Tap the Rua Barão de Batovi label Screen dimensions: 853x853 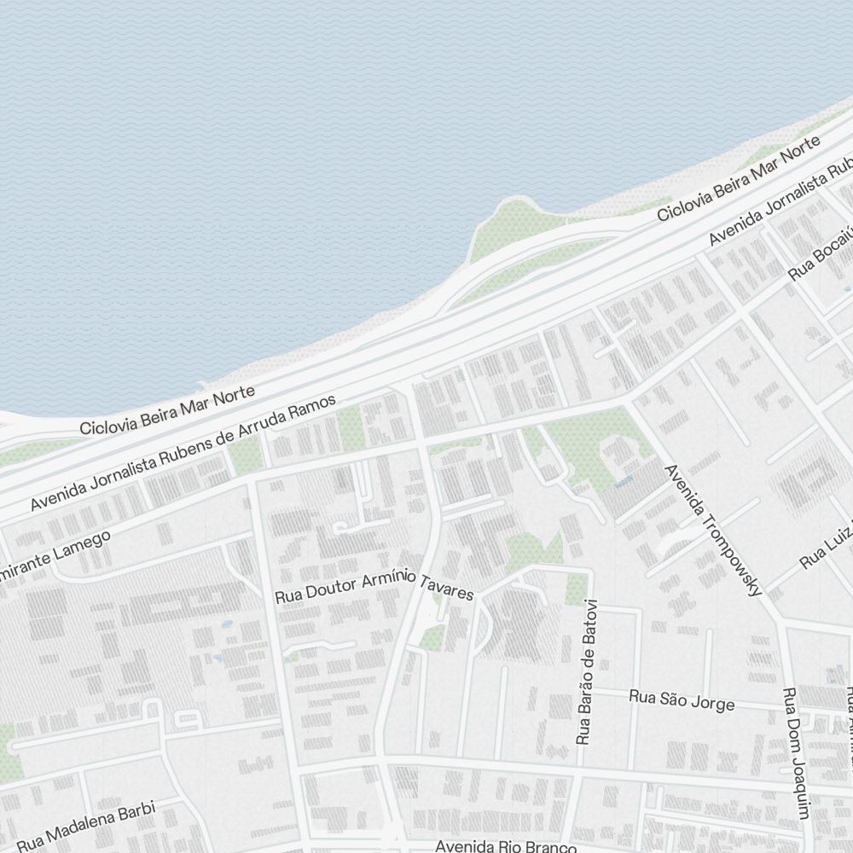click(x=588, y=672)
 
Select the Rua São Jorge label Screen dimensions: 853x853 click(x=682, y=700)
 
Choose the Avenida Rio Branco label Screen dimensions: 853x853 click(x=505, y=846)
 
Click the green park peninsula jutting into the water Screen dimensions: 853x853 click(x=503, y=226)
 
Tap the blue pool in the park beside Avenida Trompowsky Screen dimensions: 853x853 click(x=625, y=482)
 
